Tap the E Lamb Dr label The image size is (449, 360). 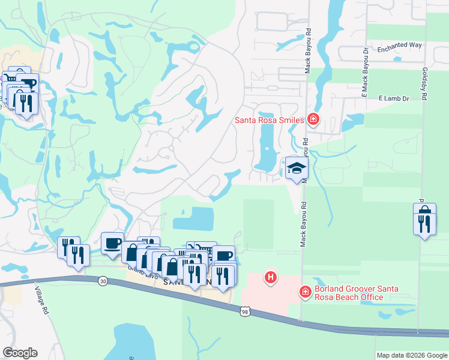[x=393, y=98]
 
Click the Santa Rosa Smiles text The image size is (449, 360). [x=268, y=121]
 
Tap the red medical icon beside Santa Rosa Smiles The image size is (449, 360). [x=312, y=119]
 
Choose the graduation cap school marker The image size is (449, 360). [x=296, y=167]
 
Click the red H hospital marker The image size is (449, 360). [x=271, y=278]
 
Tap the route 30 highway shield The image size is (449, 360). [x=103, y=281]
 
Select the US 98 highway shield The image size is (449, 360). [x=244, y=311]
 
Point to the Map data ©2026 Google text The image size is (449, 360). [x=411, y=355]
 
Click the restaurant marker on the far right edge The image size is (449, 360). [x=424, y=224]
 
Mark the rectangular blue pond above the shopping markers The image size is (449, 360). [x=193, y=219]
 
